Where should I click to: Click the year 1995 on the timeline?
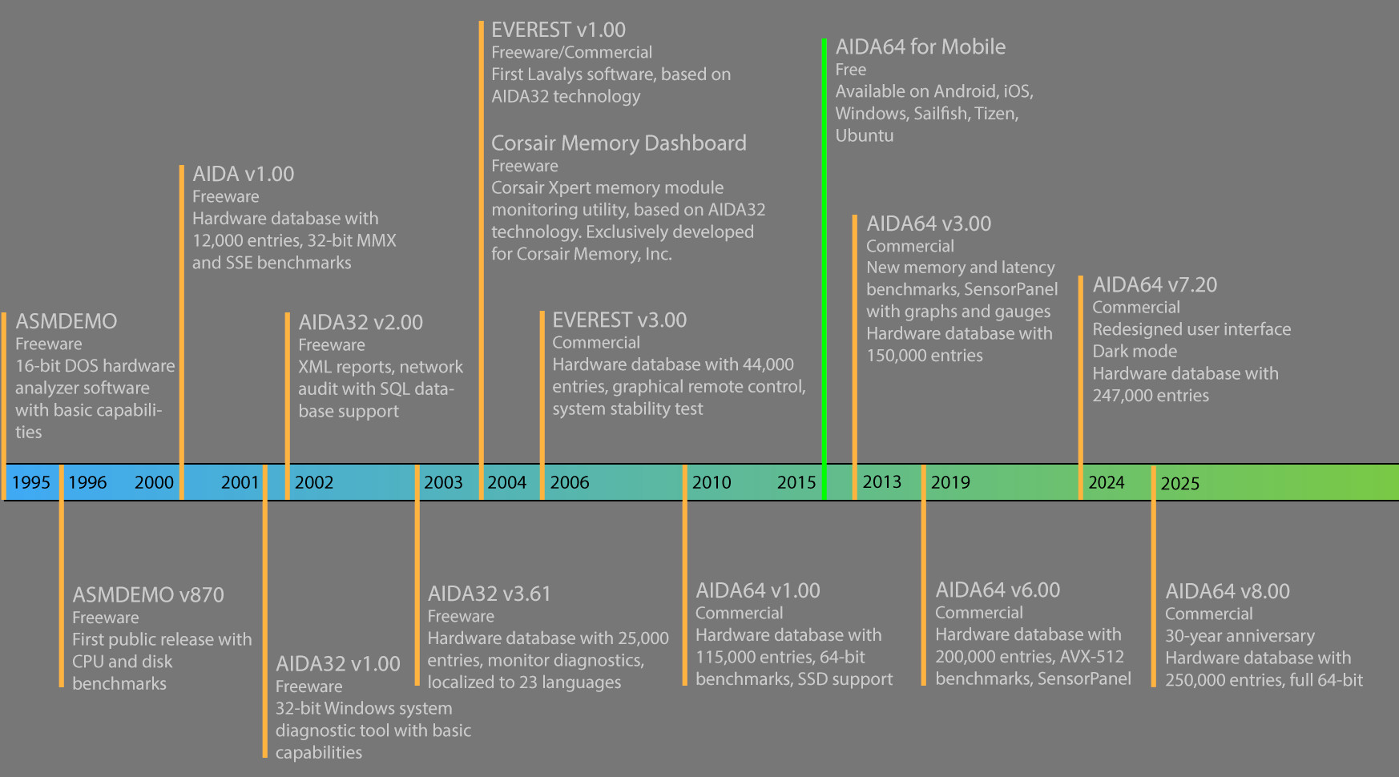click(31, 482)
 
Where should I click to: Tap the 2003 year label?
click(443, 482)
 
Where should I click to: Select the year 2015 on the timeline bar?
click(796, 482)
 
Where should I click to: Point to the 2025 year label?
click(1180, 483)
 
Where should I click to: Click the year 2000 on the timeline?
click(154, 482)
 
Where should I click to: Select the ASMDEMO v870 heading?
click(148, 595)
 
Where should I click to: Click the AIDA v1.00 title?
click(243, 174)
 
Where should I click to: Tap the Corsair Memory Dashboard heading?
click(619, 143)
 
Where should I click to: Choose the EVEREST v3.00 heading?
click(619, 320)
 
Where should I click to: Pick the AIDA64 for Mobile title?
click(921, 47)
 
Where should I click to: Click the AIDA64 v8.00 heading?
click(1228, 591)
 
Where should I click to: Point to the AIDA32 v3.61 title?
click(490, 594)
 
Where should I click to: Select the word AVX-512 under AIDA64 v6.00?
click(1093, 657)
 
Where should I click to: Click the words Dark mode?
click(1135, 352)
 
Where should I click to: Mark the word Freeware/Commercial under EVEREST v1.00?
click(571, 53)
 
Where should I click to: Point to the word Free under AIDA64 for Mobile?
click(851, 70)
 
